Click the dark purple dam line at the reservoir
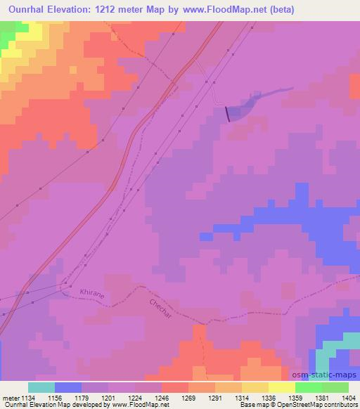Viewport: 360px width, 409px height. [x=227, y=114]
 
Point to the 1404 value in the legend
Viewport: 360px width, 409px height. [x=349, y=398]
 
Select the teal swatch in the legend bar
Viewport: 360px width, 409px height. [x=41, y=387]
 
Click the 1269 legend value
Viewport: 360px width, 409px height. [x=188, y=398]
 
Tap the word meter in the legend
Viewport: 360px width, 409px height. [x=11, y=398]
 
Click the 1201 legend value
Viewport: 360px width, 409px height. [x=108, y=398]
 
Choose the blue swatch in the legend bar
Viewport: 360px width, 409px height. [x=68, y=387]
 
